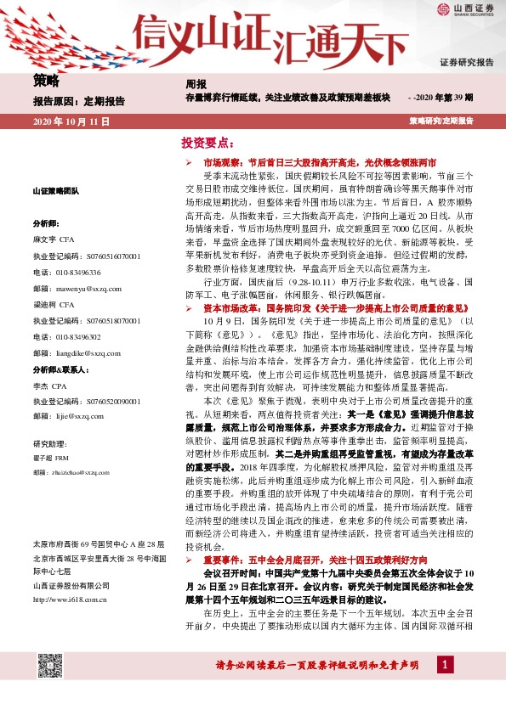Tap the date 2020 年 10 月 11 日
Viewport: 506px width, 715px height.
[x=71, y=122]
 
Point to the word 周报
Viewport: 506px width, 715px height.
[x=196, y=85]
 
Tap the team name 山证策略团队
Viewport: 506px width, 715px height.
[x=56, y=191]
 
